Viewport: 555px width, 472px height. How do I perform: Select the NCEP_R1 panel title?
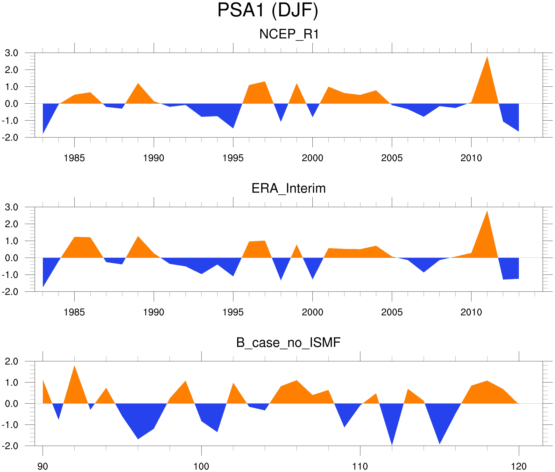(289, 34)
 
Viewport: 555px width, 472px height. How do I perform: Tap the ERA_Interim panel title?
(288, 188)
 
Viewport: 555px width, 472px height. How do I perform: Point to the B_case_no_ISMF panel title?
(288, 343)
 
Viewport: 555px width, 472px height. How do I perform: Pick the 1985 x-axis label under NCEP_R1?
(74, 158)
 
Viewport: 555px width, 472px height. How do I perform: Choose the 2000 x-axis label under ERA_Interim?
(312, 312)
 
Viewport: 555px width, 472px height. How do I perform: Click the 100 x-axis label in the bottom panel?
(201, 466)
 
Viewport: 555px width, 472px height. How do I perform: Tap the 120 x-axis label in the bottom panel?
(519, 466)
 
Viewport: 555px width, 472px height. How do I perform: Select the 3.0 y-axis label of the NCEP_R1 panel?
(12, 53)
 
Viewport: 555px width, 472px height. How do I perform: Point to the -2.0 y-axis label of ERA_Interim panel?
(10, 292)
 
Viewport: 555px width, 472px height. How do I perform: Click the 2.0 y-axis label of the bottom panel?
(12, 361)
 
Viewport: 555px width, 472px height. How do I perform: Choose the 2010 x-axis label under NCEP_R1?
(471, 158)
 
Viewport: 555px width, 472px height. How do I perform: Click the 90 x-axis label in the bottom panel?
(43, 466)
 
